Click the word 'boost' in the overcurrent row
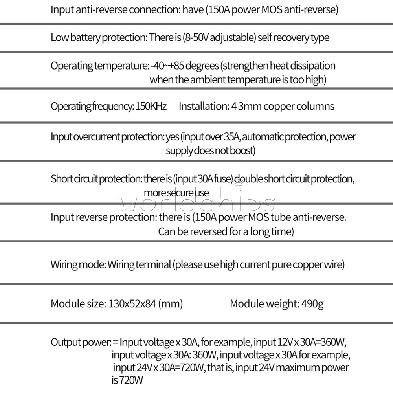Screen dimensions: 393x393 (242, 151)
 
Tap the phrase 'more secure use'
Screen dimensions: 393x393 (176, 193)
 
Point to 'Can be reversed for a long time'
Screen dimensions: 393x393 (226, 231)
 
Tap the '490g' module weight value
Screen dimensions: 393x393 (312, 304)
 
